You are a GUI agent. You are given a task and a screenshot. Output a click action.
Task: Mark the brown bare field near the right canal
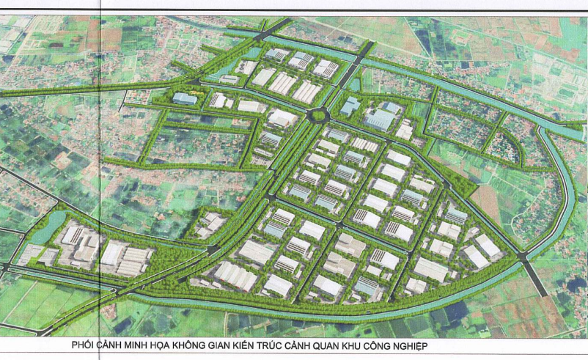(487, 199)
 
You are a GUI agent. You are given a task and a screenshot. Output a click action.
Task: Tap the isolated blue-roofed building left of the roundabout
(184, 98)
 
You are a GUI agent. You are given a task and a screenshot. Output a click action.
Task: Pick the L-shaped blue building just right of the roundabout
(350, 107)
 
